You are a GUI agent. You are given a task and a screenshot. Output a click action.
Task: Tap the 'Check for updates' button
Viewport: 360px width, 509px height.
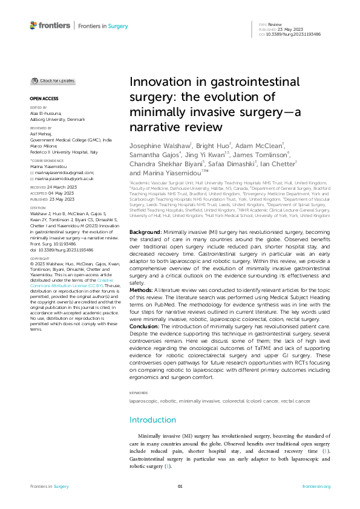click(54, 80)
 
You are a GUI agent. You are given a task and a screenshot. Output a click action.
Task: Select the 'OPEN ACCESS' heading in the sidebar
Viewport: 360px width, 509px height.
click(44, 97)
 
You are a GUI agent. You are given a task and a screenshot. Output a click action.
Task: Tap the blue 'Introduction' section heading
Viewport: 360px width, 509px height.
click(154, 420)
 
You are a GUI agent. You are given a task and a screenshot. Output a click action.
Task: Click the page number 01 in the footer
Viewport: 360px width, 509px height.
click(180, 486)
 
